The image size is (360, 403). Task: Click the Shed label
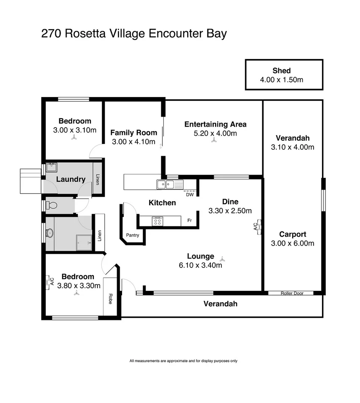pyautogui.click(x=281, y=71)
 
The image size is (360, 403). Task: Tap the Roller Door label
pyautogui.click(x=292, y=293)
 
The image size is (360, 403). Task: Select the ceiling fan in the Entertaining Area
pyautogui.click(x=214, y=140)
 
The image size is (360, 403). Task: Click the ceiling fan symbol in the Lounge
pyautogui.click(x=222, y=259)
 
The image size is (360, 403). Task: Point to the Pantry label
pyautogui.click(x=132, y=235)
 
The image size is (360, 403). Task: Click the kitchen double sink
pyautogui.click(x=170, y=184)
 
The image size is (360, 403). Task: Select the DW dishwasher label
pyautogui.click(x=190, y=195)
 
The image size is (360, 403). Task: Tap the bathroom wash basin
pyautogui.click(x=49, y=233)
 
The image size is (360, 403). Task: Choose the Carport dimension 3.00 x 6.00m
pyautogui.click(x=292, y=243)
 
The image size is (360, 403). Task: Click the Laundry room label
pyautogui.click(x=70, y=179)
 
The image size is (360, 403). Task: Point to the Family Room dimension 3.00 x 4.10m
pyautogui.click(x=133, y=141)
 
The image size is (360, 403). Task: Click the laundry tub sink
pyautogui.click(x=51, y=167)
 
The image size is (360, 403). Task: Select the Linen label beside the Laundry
pyautogui.click(x=98, y=179)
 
